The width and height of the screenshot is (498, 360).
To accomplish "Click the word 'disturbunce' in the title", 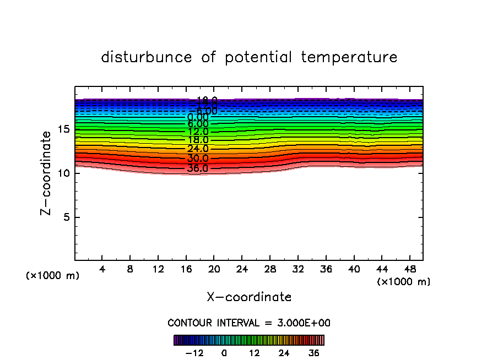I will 147,57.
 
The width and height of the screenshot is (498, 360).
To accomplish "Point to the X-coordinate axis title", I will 249,297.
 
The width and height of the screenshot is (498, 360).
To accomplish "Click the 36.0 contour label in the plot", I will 198,168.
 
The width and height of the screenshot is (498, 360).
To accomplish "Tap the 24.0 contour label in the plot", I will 198,149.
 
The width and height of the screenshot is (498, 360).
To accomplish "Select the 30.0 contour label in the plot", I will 198,159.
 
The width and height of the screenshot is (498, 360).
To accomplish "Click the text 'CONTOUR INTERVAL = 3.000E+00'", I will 249,323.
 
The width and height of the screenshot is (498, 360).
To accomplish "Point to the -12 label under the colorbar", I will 194,353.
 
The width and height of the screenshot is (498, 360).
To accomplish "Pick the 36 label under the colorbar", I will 314,353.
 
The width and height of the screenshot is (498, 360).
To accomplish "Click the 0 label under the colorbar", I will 224,353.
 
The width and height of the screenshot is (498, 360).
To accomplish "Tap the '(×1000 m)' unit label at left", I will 53,276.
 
